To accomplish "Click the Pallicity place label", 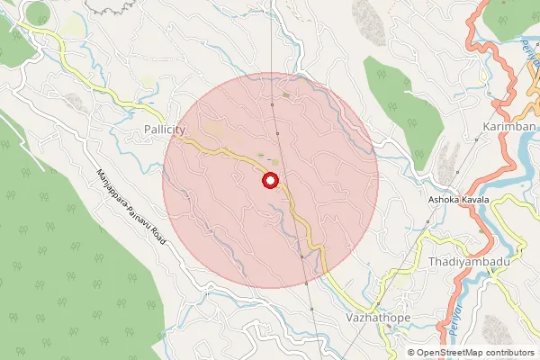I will pos(164,130).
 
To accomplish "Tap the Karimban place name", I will pos(509,127).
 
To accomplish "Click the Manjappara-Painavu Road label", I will pos(130,201).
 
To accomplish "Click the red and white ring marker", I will pos(269,181).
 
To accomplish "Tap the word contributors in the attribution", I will pos(511,353).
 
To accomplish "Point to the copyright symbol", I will pos(411,353).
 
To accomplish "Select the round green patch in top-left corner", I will pos(38,13).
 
